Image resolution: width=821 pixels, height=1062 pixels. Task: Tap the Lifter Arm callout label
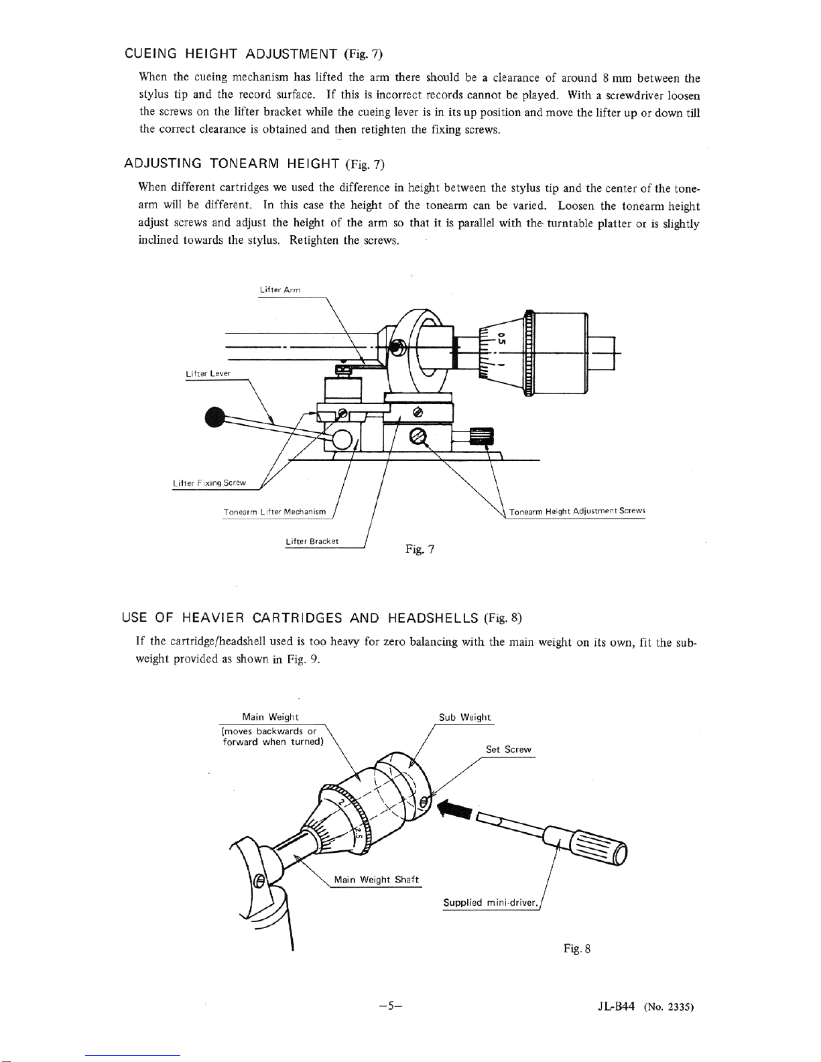[279, 290]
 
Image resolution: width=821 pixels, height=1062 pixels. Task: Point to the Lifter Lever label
[208, 373]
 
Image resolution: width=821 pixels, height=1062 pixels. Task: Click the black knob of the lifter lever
[214, 417]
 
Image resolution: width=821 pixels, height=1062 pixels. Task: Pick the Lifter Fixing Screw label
[209, 482]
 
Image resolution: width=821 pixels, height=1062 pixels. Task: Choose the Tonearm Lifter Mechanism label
[275, 512]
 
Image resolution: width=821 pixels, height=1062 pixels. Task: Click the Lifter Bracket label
[312, 541]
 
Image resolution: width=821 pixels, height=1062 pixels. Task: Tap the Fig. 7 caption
[420, 549]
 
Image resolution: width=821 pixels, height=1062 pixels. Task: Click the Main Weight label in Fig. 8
[270, 717]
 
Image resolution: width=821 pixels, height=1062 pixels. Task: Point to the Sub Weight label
[464, 717]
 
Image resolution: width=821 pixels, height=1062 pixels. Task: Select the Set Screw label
[509, 749]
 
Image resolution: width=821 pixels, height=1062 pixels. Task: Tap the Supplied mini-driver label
[491, 903]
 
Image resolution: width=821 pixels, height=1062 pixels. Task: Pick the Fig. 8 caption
[576, 948]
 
